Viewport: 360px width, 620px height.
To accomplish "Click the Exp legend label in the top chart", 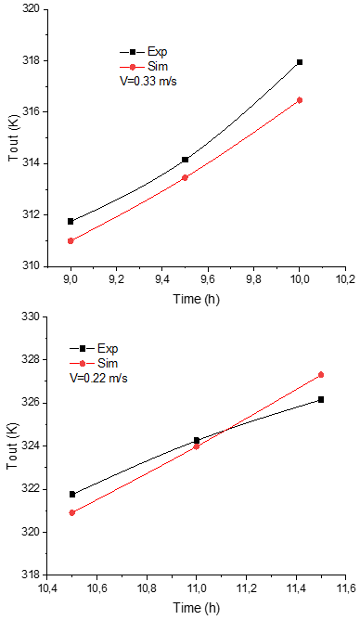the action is [158, 52].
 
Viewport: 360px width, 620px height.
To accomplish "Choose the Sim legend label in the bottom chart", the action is [108, 364].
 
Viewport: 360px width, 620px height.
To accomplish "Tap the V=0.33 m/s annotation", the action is [148, 81].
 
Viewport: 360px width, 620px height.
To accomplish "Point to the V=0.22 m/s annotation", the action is [98, 378].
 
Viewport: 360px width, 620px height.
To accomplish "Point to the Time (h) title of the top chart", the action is [197, 299].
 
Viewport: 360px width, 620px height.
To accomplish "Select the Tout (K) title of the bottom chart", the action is [12, 446].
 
